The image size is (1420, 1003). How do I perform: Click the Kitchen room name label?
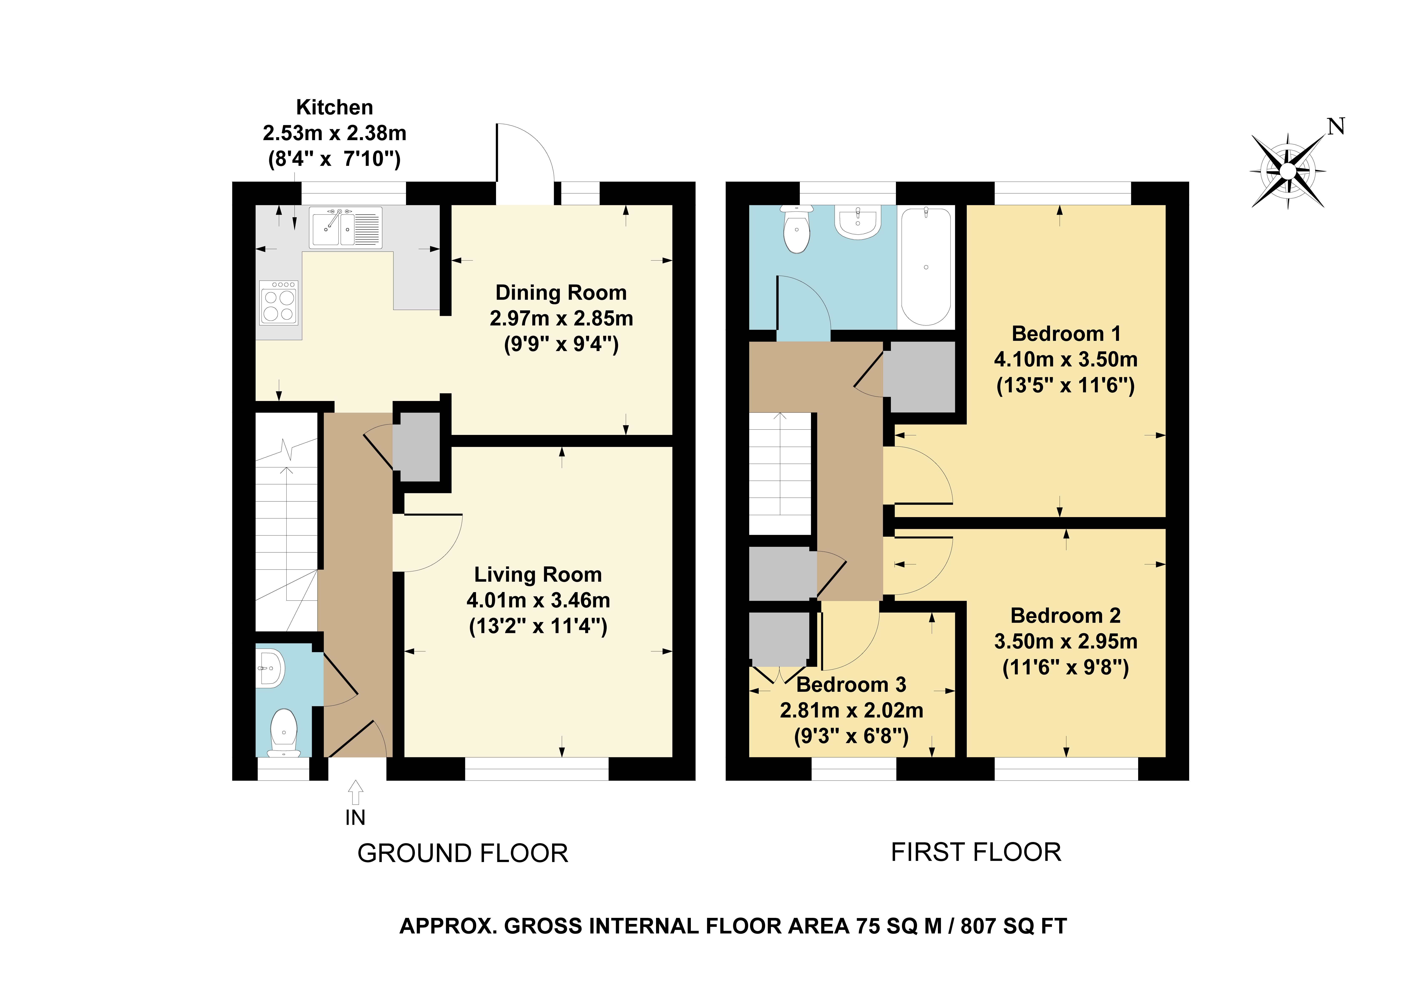click(x=335, y=108)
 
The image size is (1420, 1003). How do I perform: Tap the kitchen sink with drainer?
click(x=345, y=228)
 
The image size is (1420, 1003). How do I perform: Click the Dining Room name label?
click(x=561, y=292)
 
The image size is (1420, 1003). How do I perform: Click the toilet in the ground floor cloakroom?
click(x=284, y=733)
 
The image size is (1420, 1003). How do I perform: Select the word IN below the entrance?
click(x=356, y=818)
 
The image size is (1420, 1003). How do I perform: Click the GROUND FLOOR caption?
click(x=463, y=853)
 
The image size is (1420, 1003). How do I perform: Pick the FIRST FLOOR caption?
click(x=976, y=852)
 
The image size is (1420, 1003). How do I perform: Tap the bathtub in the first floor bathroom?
click(x=926, y=267)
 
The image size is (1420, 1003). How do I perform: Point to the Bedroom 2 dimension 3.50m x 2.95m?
click(x=1066, y=641)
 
